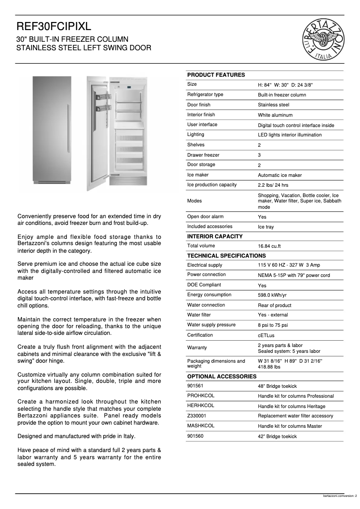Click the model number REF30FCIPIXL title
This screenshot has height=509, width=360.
[54, 28]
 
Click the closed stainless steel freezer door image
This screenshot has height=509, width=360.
[52, 129]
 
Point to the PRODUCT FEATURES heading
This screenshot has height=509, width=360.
[216, 75]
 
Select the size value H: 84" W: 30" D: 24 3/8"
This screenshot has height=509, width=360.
[285, 85]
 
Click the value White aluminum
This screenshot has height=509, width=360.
[275, 115]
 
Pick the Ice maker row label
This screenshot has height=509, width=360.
[198, 175]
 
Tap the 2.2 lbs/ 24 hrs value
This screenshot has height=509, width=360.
[273, 185]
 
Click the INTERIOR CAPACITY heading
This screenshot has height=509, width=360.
[215, 237]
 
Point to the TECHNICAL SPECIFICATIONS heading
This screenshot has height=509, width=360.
[226, 256]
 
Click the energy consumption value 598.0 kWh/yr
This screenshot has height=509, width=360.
[272, 295]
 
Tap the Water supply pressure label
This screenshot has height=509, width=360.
[211, 325]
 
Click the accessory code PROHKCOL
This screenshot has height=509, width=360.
[201, 395]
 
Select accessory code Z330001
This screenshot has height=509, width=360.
[197, 416]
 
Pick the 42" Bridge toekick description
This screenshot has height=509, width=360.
[277, 436]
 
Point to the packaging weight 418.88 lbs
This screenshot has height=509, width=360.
[269, 367]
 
